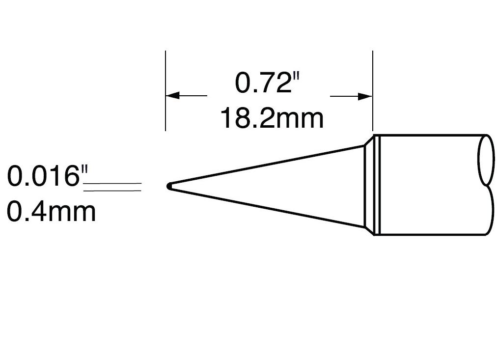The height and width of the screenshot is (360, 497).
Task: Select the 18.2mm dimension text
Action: click(x=271, y=118)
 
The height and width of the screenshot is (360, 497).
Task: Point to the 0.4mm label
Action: click(x=51, y=212)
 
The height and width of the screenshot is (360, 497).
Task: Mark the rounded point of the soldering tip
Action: click(x=169, y=186)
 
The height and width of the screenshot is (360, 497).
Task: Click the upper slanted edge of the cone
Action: click(x=270, y=166)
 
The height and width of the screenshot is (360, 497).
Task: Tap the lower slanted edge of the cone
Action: click(x=270, y=208)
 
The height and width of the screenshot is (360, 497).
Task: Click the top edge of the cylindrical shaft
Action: click(x=432, y=135)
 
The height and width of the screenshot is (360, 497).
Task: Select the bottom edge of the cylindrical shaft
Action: click(x=432, y=235)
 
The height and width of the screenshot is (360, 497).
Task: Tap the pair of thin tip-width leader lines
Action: click(x=113, y=186)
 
